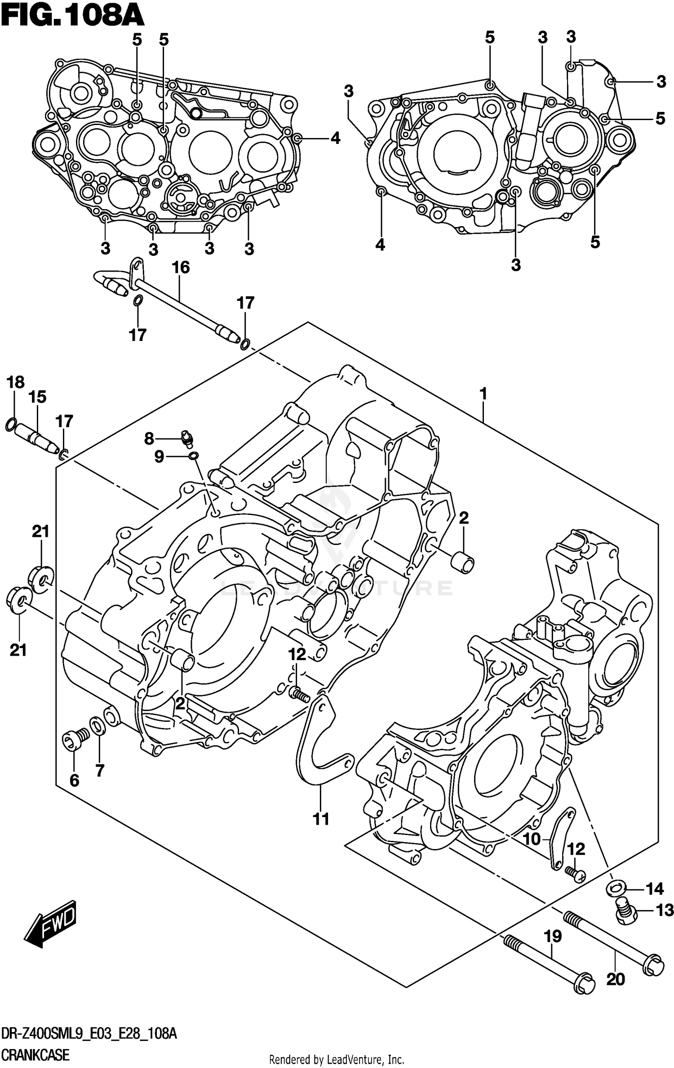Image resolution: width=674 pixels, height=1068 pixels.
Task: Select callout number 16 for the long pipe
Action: (181, 268)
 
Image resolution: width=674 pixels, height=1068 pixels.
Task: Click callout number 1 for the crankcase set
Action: (483, 394)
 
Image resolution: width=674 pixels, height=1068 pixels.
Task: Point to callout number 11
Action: (321, 819)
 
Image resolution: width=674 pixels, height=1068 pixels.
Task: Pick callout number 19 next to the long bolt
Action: (553, 937)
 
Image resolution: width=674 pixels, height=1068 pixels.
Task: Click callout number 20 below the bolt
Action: (616, 992)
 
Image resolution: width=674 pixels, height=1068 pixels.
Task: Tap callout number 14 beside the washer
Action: (654, 889)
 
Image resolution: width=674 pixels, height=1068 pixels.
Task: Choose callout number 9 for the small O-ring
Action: (159, 457)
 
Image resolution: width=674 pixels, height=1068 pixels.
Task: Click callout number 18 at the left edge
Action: (15, 382)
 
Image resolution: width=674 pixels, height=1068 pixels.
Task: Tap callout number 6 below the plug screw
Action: (74, 781)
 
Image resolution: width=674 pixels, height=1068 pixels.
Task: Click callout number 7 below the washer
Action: (100, 770)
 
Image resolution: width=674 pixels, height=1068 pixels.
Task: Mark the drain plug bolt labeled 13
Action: (624, 911)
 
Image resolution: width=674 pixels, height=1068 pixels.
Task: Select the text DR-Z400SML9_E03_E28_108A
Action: (89, 1031)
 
